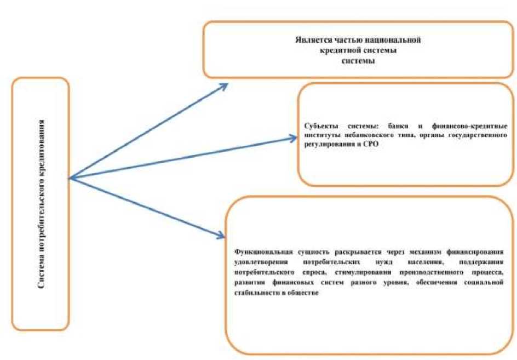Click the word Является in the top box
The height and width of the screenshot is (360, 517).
coord(310,41)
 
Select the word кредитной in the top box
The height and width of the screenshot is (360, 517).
coord(341,50)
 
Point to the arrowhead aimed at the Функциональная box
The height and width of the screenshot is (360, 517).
coord(220,236)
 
